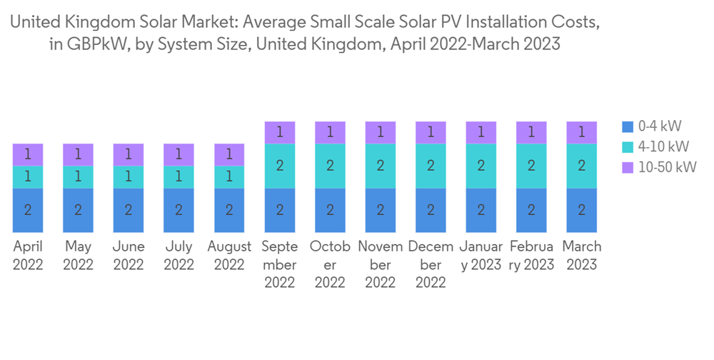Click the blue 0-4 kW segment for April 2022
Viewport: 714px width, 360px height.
28,210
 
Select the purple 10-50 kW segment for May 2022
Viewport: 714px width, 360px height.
78,154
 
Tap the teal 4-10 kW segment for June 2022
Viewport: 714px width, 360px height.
129,177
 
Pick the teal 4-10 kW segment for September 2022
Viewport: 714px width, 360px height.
280,166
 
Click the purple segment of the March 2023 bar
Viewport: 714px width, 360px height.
582,132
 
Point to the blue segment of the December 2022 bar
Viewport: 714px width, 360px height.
431,210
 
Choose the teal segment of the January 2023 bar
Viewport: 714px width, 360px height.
481,166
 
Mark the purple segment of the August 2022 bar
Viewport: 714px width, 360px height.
229,154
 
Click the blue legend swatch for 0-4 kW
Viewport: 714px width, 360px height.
628,126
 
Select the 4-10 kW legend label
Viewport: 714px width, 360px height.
663,146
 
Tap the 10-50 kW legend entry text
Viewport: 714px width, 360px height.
667,167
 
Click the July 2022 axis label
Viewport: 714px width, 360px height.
178,255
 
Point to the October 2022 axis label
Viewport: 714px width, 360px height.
330,264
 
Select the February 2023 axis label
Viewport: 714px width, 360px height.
531,255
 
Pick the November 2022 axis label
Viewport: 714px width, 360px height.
380,264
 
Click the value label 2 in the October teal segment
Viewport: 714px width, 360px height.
330,166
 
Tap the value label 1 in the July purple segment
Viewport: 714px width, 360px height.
178,154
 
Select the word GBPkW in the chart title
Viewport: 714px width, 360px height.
96,44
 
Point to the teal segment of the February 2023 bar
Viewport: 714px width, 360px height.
531,166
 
